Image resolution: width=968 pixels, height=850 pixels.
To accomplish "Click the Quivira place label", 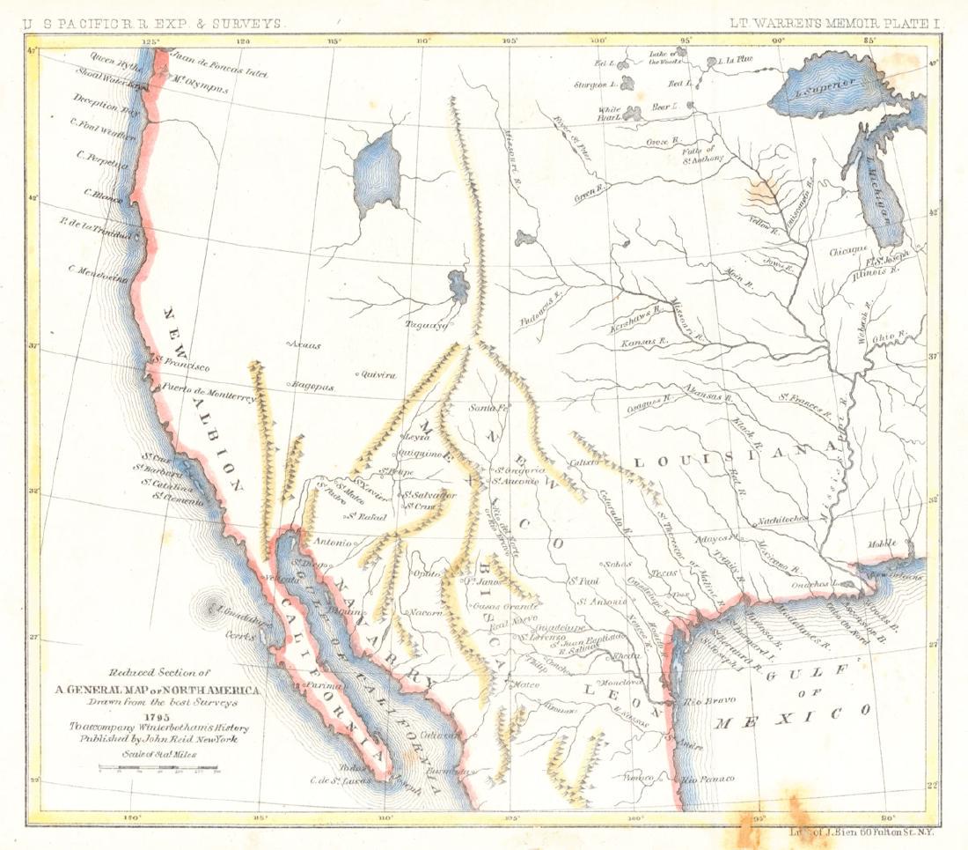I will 377,374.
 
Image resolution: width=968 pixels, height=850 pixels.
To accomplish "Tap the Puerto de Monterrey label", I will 208,393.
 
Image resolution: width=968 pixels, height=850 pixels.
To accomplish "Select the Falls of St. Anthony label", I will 704,154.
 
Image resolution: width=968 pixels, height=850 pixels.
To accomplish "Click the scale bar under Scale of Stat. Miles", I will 158,769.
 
